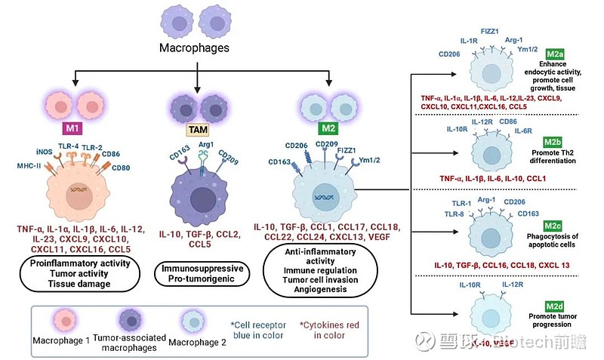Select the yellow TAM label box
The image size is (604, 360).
196,129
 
